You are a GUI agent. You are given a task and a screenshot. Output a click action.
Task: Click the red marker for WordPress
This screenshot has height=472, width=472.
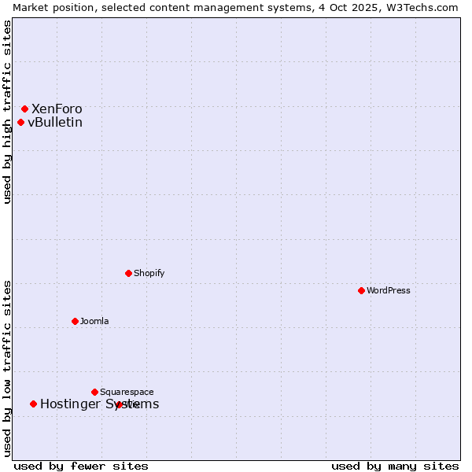[x=361, y=290]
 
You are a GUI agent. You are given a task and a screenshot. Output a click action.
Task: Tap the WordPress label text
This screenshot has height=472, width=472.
[x=389, y=290]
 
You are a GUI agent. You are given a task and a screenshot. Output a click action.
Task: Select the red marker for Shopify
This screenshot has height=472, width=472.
[x=128, y=273]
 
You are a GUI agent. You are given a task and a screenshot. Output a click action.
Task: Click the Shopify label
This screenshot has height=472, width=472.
[x=149, y=273]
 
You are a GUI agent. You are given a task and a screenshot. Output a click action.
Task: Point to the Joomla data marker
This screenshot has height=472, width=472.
[x=75, y=321]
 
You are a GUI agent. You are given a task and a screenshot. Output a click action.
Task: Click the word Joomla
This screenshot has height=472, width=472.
[x=94, y=321]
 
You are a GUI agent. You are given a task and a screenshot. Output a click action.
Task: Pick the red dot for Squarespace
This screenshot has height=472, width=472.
[x=94, y=392]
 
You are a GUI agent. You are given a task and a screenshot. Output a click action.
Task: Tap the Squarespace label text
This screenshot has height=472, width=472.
[x=127, y=392]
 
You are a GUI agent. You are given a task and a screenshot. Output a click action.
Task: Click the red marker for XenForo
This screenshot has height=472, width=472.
[x=24, y=109]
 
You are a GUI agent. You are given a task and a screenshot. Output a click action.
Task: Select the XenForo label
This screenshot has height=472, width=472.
[x=57, y=109]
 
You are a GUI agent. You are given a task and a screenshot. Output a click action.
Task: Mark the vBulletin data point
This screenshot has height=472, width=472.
[x=20, y=122]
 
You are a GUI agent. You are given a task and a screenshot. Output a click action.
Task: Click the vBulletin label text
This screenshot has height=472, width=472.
[x=55, y=122]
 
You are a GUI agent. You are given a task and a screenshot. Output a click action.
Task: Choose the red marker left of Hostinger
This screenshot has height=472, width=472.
[x=33, y=404]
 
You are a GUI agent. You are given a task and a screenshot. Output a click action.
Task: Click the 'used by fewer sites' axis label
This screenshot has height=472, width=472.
[x=81, y=466]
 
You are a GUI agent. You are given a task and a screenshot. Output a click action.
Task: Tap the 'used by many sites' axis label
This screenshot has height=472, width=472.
[x=395, y=466]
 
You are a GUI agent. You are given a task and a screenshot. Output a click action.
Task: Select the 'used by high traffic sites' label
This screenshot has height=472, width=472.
[x=7, y=112]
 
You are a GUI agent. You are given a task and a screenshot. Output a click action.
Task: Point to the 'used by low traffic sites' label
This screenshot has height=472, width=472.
[x=7, y=368]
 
